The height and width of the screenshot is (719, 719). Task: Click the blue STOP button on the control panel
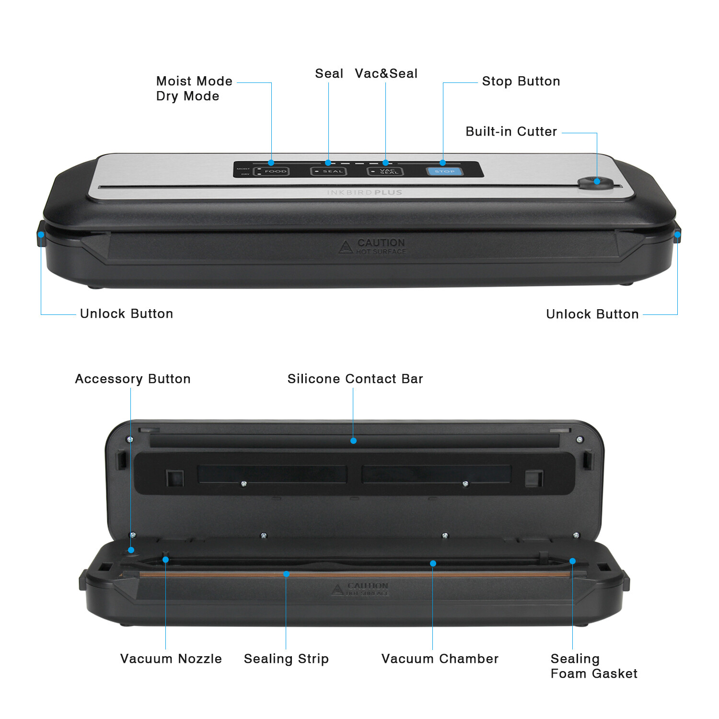(x=444, y=171)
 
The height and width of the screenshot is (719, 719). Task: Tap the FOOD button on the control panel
(x=272, y=171)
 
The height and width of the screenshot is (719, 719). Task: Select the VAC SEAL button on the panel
(x=385, y=171)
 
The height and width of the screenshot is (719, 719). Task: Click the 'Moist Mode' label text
(x=194, y=81)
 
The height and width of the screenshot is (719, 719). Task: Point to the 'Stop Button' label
(x=521, y=81)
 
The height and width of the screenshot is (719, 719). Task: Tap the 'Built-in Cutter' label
(x=511, y=131)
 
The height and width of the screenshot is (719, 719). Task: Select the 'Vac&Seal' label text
(x=386, y=73)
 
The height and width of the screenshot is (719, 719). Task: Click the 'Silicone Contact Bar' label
(x=355, y=379)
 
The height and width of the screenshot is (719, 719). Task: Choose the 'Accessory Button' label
(x=133, y=379)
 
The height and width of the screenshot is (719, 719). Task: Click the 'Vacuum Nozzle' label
(x=171, y=659)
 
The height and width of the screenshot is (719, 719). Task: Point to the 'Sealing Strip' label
(x=286, y=659)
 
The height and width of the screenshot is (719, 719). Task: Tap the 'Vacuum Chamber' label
(x=440, y=659)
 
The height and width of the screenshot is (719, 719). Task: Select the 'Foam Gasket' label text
(x=593, y=673)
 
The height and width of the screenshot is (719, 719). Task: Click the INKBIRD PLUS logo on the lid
(x=364, y=193)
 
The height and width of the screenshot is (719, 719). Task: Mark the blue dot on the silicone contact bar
(x=353, y=441)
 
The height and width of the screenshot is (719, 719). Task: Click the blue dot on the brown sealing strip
(x=286, y=574)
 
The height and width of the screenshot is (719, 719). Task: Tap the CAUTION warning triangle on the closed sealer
(x=345, y=247)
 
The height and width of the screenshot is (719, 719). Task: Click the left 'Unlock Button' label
(x=126, y=313)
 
